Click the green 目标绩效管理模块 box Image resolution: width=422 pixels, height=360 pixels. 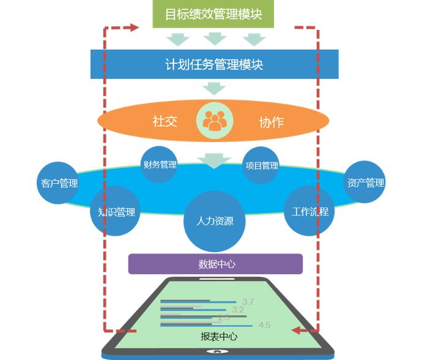tap(213, 14)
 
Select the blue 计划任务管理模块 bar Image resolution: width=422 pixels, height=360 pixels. tap(214, 64)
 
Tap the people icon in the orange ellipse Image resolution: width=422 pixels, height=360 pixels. tap(215, 121)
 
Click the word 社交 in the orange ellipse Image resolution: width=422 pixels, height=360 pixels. tap(165, 121)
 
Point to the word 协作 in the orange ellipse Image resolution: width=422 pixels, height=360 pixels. tap(271, 122)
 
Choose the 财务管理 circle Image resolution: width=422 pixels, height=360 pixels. tap(160, 165)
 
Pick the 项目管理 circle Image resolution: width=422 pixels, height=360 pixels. tap(261, 165)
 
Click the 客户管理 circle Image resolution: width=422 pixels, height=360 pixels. tap(59, 182)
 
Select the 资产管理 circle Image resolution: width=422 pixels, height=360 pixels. tap(365, 182)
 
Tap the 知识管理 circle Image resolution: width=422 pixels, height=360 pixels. tap(116, 212)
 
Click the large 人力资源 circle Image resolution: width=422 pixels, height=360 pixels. tap(215, 221)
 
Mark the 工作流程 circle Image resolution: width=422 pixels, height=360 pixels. tap(310, 211)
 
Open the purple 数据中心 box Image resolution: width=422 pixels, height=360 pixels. tap(216, 264)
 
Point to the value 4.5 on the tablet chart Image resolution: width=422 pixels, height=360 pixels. tap(264, 325)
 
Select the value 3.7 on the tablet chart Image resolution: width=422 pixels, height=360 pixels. tap(248, 301)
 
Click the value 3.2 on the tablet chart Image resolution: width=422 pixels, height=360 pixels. tap(238, 310)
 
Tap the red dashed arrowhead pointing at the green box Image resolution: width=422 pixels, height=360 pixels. tap(134, 28)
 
